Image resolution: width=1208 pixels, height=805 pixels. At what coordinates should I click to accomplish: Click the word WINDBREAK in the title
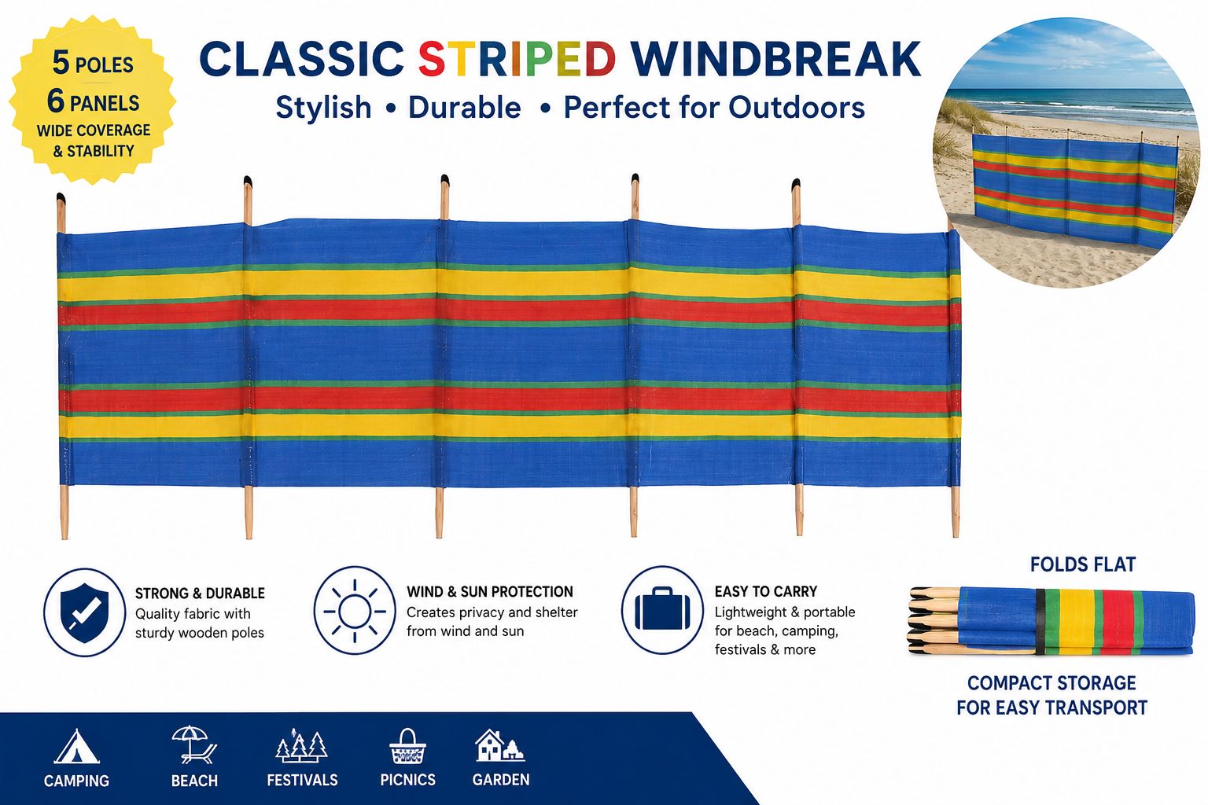pyautogui.click(x=775, y=59)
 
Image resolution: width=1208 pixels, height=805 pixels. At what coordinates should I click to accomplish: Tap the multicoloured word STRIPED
pyautogui.click(x=517, y=59)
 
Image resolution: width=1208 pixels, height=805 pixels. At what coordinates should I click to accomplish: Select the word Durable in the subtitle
pyautogui.click(x=464, y=107)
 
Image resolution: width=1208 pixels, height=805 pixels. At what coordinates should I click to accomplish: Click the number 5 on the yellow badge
pyautogui.click(x=61, y=63)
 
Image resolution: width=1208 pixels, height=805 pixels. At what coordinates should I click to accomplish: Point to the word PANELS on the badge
pyautogui.click(x=105, y=103)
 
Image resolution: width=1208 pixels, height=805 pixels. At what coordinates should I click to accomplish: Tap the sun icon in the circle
pyautogui.click(x=355, y=611)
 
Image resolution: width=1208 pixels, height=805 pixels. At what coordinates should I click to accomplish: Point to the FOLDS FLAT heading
pyautogui.click(x=1083, y=564)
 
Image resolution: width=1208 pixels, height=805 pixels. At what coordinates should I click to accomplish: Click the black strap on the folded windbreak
pyautogui.click(x=1040, y=622)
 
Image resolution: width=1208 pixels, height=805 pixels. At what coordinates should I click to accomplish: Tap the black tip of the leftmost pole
pyautogui.click(x=61, y=198)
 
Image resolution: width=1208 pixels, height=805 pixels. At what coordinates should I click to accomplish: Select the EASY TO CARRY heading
pyautogui.click(x=766, y=591)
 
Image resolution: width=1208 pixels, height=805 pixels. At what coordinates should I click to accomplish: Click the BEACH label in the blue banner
pyautogui.click(x=194, y=781)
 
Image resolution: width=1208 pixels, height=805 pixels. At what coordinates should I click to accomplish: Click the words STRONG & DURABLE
pyautogui.click(x=200, y=593)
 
